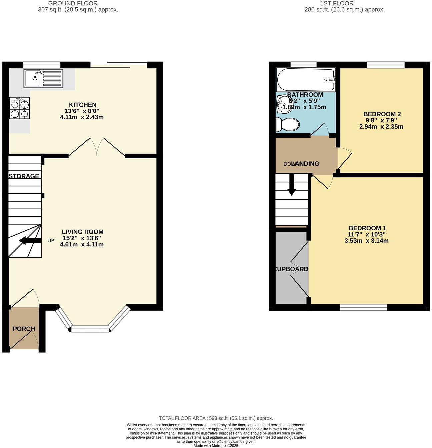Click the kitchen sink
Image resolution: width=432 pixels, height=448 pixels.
pos(43,79)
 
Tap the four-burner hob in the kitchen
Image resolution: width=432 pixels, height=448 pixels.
pos(19,108)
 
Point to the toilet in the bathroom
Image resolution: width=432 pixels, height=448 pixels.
pos(288,125)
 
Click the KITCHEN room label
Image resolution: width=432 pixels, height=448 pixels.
pos(82,105)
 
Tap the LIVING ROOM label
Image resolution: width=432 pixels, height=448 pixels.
pos(82,232)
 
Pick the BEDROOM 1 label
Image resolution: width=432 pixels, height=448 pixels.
pos(367,228)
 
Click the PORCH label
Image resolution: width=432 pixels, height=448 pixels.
pos(24,329)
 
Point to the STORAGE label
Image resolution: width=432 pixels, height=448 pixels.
pos(24,176)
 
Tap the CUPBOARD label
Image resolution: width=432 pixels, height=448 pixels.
pos(291,269)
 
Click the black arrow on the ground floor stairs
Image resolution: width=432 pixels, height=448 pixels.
pos(30,240)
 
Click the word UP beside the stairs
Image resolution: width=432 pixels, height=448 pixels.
pos(51,240)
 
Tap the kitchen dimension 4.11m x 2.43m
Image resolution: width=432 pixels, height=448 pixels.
pos(82,117)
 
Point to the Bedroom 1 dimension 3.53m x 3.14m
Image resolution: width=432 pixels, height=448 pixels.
pos(366,241)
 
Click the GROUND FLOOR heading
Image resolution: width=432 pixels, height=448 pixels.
pos(73,3)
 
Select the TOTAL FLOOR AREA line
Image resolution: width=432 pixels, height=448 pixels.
pos(216,418)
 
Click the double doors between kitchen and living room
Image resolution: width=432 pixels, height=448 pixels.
pos(97,147)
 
